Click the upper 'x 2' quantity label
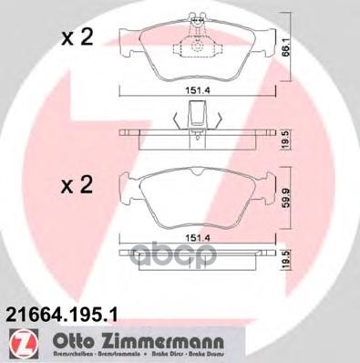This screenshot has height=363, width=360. pos(77,37)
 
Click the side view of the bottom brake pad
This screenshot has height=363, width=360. pos(198,255)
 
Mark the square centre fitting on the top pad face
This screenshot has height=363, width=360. pos(198,47)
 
